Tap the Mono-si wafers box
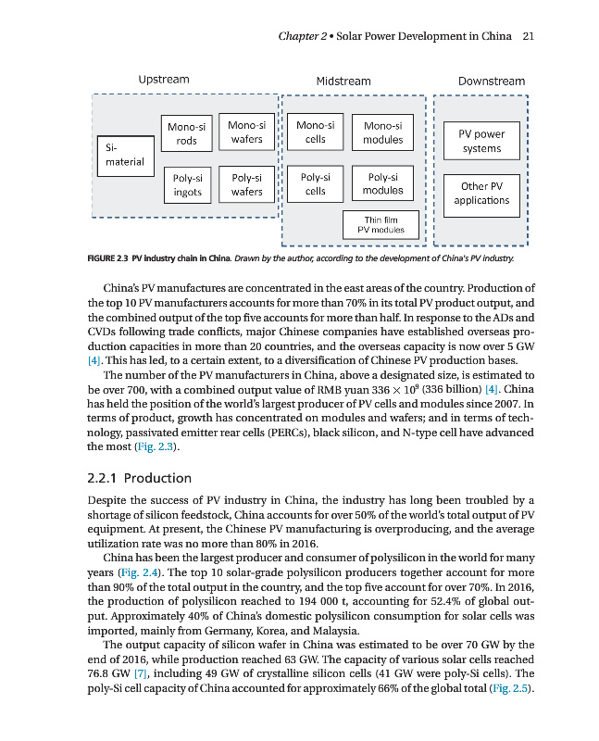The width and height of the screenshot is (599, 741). pyautogui.click(x=246, y=132)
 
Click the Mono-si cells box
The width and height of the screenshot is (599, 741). pyautogui.click(x=316, y=132)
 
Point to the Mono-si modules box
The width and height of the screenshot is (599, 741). pyautogui.click(x=382, y=132)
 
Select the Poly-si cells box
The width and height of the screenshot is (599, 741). pyautogui.click(x=316, y=184)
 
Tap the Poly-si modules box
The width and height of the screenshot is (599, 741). pyautogui.click(x=382, y=184)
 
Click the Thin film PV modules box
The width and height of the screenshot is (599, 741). pyautogui.click(x=381, y=223)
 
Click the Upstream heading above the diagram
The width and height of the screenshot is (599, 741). pyautogui.click(x=164, y=80)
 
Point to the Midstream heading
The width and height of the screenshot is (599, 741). pyautogui.click(x=343, y=82)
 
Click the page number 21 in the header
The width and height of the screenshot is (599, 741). pyautogui.click(x=530, y=37)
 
